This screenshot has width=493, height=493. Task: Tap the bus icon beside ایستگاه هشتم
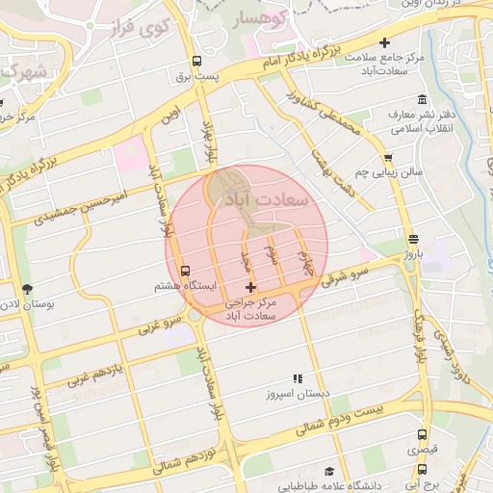185,272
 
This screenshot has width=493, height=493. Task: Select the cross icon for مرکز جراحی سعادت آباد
250,287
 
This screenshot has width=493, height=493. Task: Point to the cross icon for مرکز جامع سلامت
385,42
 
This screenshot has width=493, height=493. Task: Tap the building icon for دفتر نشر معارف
422,100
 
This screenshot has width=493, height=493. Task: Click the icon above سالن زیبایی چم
387,157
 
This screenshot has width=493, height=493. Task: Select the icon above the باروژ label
413,239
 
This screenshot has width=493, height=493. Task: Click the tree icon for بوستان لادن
26,288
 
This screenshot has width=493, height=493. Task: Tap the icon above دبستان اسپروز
298,379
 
